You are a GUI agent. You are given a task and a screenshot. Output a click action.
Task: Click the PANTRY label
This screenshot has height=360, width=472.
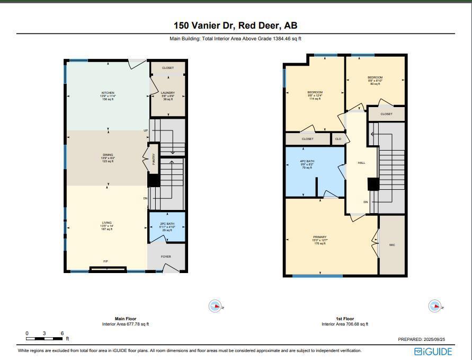point(154,159)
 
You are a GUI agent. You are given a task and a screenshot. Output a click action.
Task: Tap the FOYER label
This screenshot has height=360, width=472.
point(166,257)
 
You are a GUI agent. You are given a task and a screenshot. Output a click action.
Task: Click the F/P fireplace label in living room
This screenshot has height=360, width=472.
point(106,261)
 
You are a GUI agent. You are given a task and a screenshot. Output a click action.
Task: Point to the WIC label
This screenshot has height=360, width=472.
point(392,245)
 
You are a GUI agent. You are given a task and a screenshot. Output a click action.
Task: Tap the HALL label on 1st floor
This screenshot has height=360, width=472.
point(361,163)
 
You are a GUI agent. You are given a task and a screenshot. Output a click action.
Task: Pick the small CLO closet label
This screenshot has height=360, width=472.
point(338,139)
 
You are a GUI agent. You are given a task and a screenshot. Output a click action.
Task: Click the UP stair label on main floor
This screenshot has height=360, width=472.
point(146,130)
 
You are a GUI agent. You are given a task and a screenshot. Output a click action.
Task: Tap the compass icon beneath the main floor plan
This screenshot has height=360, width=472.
point(215,306)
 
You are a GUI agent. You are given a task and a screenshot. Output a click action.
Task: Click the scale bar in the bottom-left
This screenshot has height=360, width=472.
point(44,338)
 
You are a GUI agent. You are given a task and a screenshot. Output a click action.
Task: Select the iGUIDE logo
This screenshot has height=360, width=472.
point(433,352)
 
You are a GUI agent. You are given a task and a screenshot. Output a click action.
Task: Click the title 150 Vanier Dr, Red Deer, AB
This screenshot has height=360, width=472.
point(236,25)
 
